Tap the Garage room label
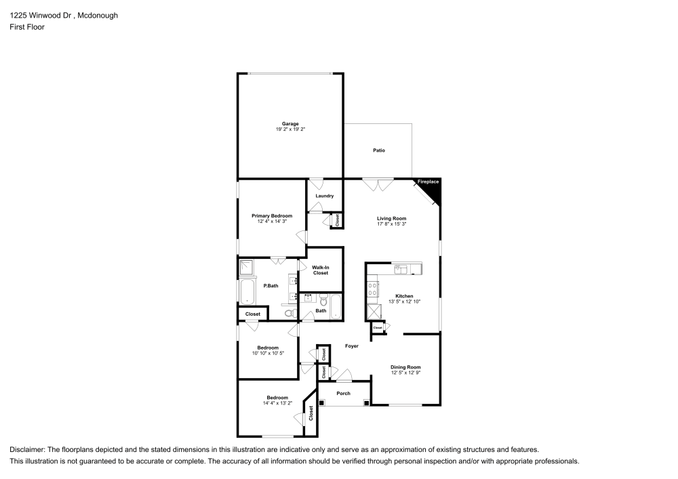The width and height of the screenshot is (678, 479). tap(291, 124)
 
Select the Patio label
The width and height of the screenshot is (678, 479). tap(379, 150)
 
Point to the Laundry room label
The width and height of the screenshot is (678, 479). tap(325, 196)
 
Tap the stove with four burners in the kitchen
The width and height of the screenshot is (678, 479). tap(372, 290)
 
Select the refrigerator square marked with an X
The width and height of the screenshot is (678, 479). tap(374, 312)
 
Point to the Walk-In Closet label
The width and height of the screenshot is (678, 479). tap(321, 270)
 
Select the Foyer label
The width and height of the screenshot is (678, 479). tap(351, 346)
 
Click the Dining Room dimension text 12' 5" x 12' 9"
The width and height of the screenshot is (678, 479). tap(405, 373)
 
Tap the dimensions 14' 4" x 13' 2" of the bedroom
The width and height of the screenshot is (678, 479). tap(277, 402)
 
